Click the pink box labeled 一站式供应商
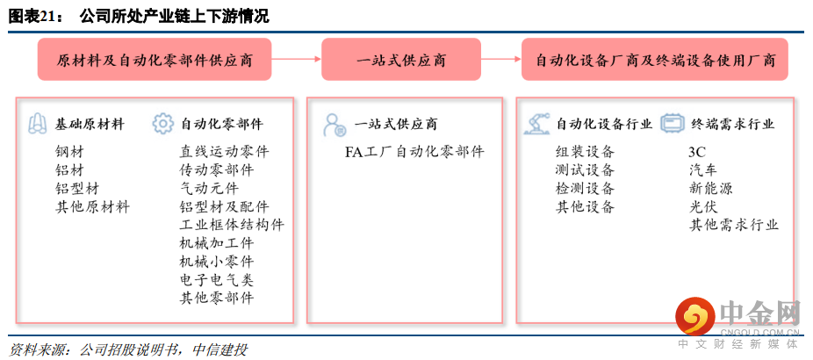pyautogui.click(x=400, y=61)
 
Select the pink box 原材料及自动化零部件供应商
pyautogui.click(x=155, y=61)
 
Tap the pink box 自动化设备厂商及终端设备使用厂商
pyautogui.click(x=655, y=61)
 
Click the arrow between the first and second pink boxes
pyautogui.click(x=297, y=60)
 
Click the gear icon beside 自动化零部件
pyautogui.click(x=163, y=124)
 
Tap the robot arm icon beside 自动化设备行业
pyautogui.click(x=536, y=124)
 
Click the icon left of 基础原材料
pyautogui.click(x=38, y=124)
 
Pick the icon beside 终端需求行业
pyautogui.click(x=673, y=124)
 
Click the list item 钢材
pyautogui.click(x=69, y=151)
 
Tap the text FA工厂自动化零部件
pyautogui.click(x=414, y=152)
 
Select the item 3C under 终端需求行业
pyautogui.click(x=697, y=152)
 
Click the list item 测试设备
pyautogui.click(x=585, y=169)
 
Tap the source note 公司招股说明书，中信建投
pyautogui.click(x=163, y=349)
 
